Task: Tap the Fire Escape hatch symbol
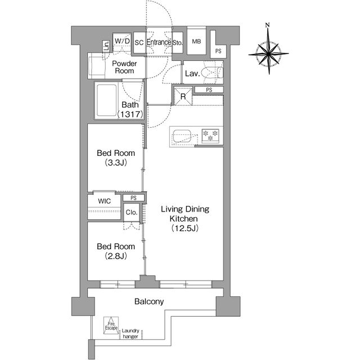(x=111, y=325)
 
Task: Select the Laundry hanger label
(x=130, y=334)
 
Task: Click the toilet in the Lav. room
(x=212, y=72)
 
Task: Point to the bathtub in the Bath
(x=106, y=100)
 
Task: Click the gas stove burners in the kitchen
(x=210, y=136)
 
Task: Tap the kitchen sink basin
(x=182, y=136)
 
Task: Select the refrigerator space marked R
(x=183, y=96)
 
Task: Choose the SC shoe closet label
(x=139, y=43)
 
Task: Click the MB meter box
(x=196, y=42)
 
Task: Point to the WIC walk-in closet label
(x=105, y=201)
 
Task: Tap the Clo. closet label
(x=132, y=213)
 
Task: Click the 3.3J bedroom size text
(x=116, y=163)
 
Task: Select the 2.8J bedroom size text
(x=116, y=256)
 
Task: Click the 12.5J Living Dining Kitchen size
(x=184, y=228)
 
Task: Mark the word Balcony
(x=149, y=301)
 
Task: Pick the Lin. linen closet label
(x=106, y=46)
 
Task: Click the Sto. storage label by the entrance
(x=178, y=43)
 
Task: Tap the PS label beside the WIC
(x=133, y=198)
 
